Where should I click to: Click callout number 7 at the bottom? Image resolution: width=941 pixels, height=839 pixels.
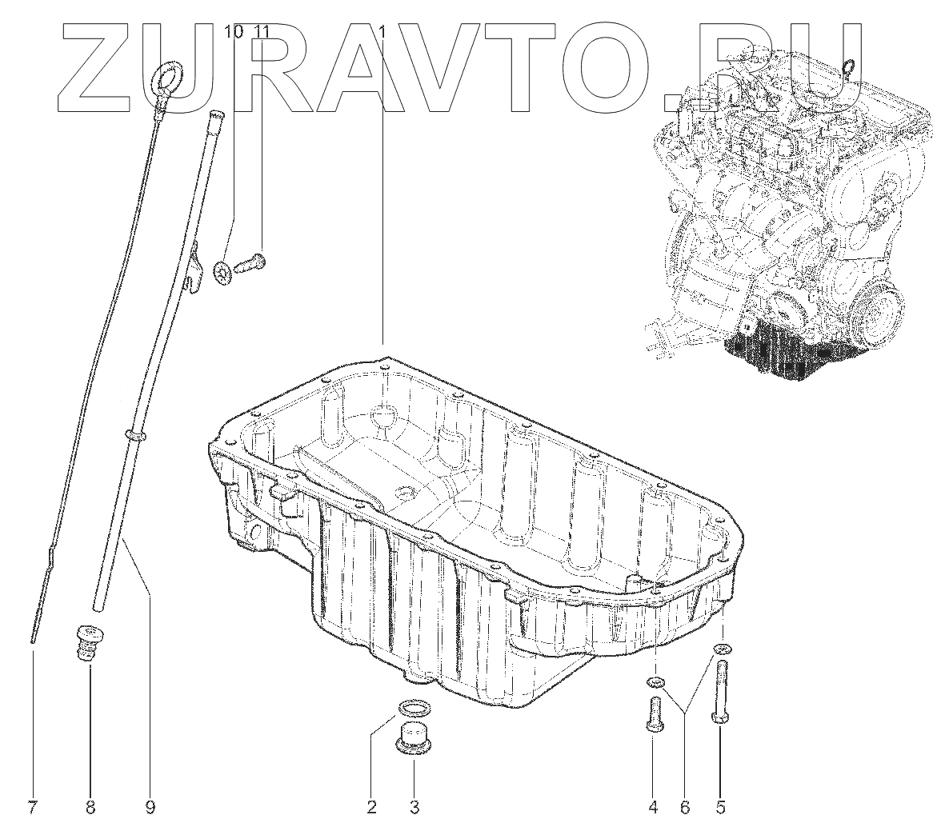tap(32, 808)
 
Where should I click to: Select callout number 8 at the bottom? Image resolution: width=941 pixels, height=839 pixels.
tap(90, 808)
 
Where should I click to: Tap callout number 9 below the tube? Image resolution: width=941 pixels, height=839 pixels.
tap(150, 808)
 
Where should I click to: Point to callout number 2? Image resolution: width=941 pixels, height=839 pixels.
tap(371, 808)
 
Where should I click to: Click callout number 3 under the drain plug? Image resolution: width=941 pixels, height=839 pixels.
tap(414, 808)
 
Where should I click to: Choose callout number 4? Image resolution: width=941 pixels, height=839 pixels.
tap(653, 808)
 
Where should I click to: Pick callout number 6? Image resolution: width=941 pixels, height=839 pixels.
tap(685, 808)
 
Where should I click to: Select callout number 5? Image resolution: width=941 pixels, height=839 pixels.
tap(720, 808)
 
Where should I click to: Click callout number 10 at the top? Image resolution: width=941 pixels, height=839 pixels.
tap(233, 32)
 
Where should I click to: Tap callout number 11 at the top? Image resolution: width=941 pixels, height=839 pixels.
tap(262, 32)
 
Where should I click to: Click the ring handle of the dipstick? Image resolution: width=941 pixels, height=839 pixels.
tap(166, 78)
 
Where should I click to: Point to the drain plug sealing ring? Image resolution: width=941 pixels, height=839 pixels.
tap(412, 708)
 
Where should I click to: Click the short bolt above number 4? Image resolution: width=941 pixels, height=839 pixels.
tap(653, 714)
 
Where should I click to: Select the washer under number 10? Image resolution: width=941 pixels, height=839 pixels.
tap(226, 271)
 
